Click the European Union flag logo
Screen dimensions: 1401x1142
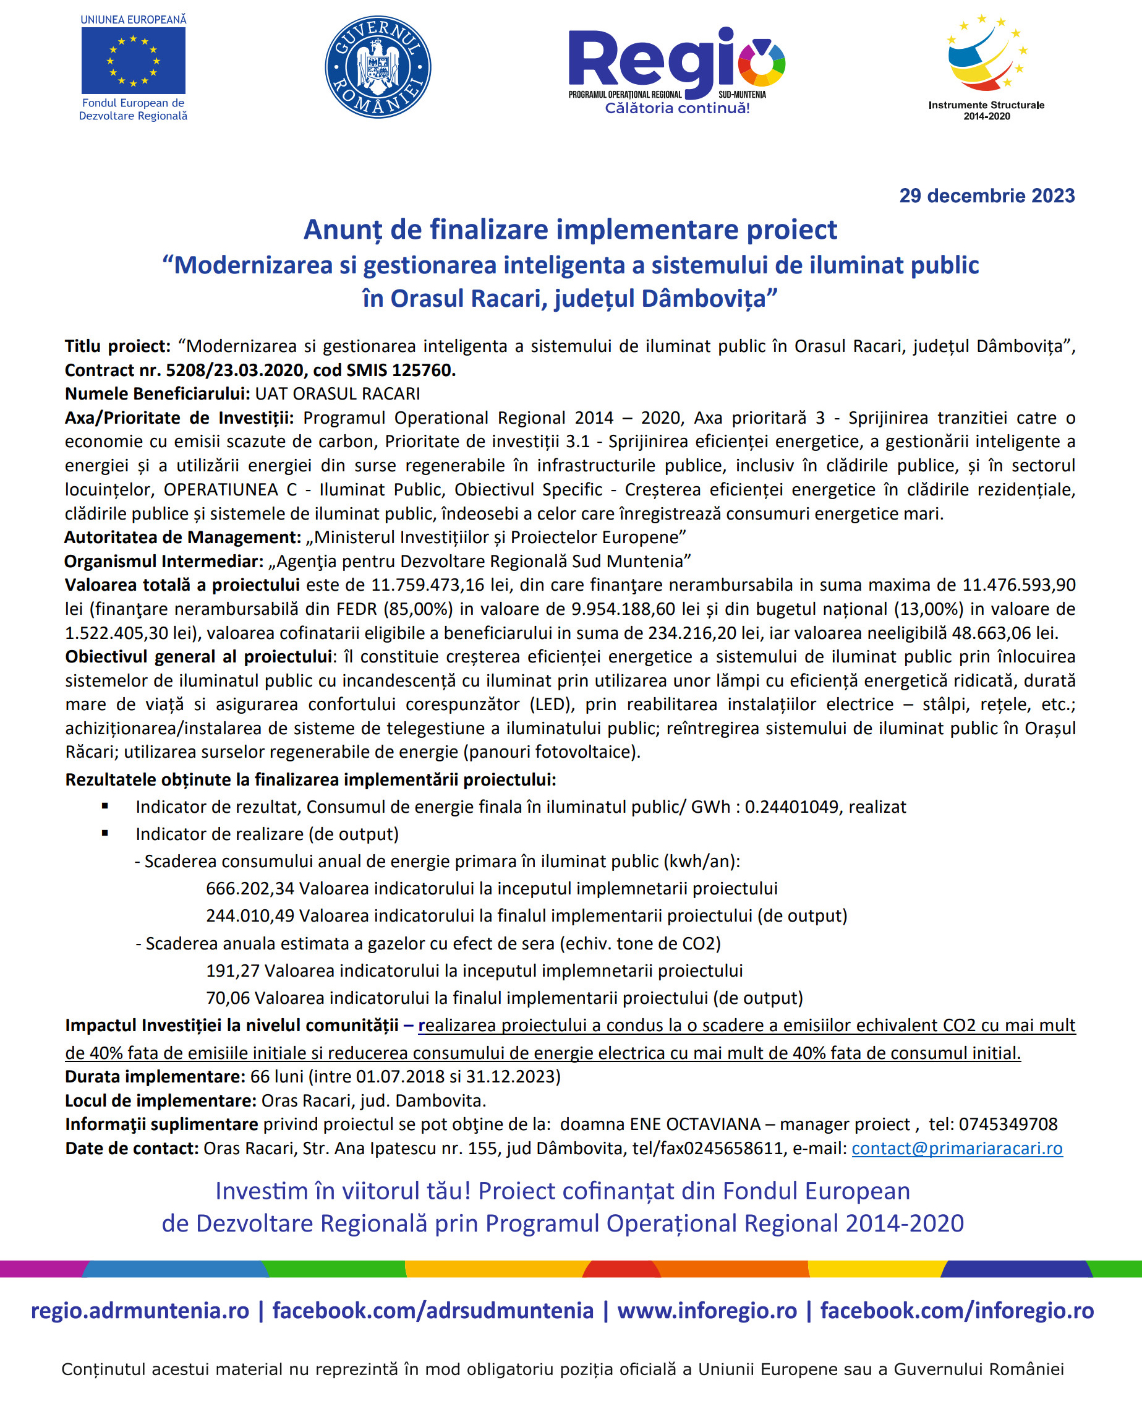133,61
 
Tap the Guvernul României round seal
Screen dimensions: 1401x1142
378,66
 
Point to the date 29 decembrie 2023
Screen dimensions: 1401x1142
986,195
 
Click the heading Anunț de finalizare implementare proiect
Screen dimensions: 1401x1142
569,229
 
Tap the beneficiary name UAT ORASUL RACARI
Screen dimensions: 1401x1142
338,393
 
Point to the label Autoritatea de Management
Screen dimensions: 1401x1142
182,537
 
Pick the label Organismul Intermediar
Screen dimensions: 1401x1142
164,560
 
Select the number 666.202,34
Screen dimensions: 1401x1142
250,888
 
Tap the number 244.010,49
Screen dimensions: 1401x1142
250,915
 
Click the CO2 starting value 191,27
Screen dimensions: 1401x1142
232,970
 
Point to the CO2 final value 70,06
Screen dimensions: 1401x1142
228,998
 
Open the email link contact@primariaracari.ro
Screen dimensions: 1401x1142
957,1147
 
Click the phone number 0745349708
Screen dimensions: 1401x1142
1008,1123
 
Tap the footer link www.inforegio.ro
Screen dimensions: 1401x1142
707,1310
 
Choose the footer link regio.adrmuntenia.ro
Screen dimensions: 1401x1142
140,1310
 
